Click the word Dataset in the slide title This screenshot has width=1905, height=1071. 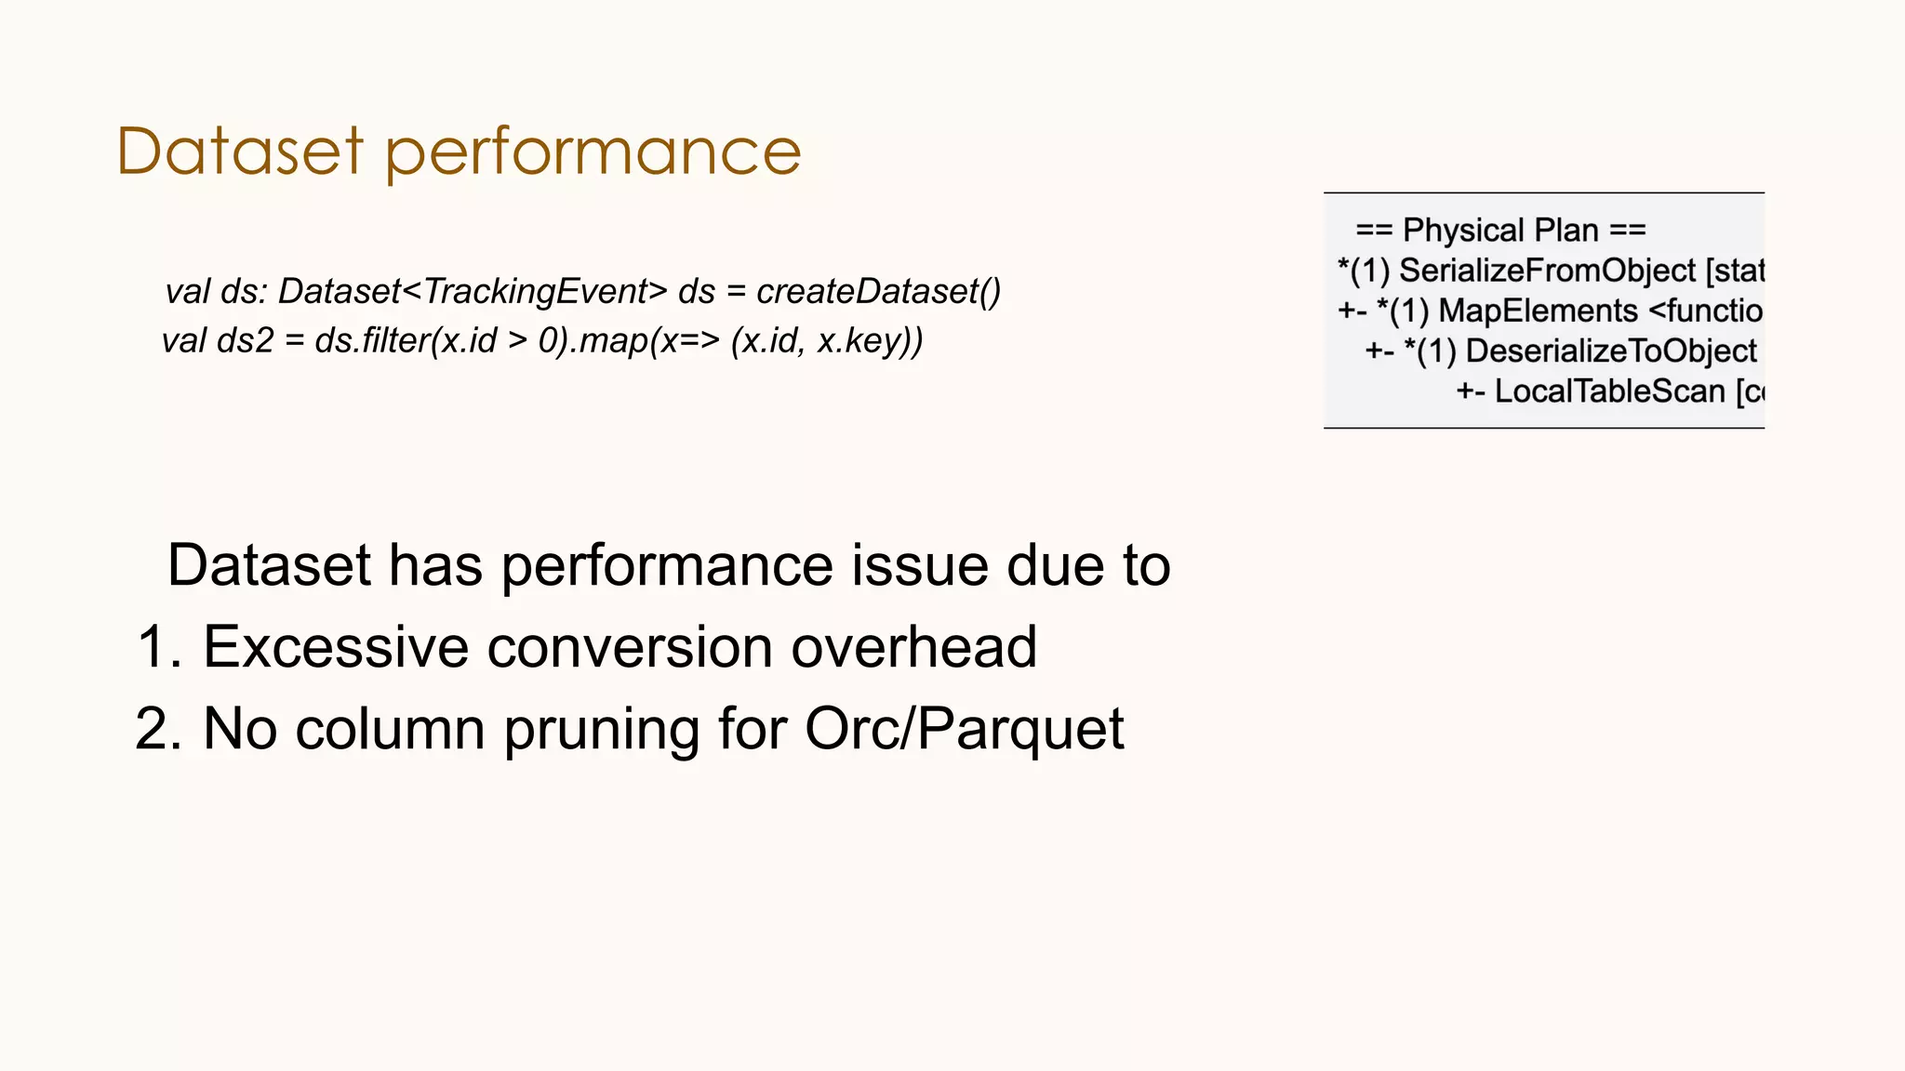(x=239, y=151)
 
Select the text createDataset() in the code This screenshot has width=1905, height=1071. (x=878, y=292)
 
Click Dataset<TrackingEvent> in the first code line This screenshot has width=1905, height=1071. (x=473, y=292)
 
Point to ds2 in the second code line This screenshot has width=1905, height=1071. (x=245, y=341)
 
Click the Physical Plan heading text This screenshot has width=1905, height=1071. (x=1500, y=230)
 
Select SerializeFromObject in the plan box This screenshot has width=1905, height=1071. (x=1548, y=271)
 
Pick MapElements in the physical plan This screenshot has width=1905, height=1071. (x=1538, y=311)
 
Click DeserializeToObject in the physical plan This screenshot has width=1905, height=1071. (x=1611, y=350)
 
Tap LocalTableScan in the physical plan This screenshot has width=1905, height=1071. (x=1609, y=391)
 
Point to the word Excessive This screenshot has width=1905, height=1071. (x=336, y=647)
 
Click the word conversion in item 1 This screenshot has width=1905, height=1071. (x=630, y=647)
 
